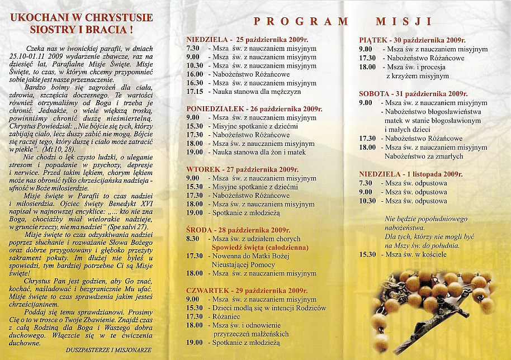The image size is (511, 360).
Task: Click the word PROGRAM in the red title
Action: (x=301, y=22)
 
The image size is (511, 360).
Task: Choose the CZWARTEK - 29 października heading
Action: (x=247, y=291)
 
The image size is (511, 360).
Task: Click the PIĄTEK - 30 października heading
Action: (x=412, y=40)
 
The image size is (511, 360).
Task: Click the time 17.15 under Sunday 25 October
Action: (x=195, y=91)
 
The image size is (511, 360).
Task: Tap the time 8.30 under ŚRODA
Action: (x=192, y=239)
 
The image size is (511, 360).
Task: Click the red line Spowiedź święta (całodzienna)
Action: (x=259, y=247)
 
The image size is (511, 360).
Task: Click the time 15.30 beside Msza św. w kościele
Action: (x=367, y=254)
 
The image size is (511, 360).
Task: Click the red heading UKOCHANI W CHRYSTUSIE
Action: (x=82, y=17)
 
